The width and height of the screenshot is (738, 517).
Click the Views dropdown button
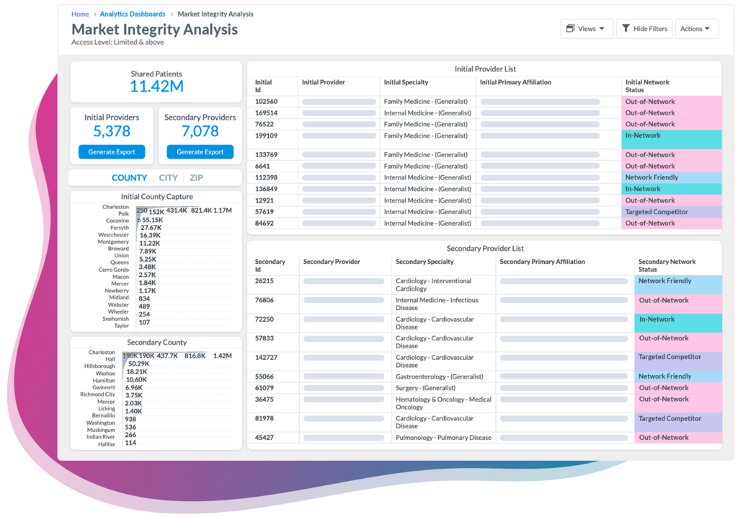click(586, 29)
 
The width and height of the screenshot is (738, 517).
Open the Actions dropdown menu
click(696, 29)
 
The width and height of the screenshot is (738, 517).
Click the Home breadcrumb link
click(80, 14)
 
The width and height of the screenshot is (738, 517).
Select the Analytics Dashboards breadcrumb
click(133, 14)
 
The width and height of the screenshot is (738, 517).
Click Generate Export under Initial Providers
click(112, 152)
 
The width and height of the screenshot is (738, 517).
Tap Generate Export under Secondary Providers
click(200, 152)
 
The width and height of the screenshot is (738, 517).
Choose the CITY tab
click(168, 178)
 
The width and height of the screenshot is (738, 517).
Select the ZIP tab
click(196, 178)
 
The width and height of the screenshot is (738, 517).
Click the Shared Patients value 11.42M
click(156, 87)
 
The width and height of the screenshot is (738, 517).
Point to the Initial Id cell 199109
click(267, 136)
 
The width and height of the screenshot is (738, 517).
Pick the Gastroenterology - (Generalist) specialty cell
click(440, 376)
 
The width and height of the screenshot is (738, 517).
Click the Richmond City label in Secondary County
click(97, 394)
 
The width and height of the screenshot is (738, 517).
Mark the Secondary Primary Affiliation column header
click(542, 262)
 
